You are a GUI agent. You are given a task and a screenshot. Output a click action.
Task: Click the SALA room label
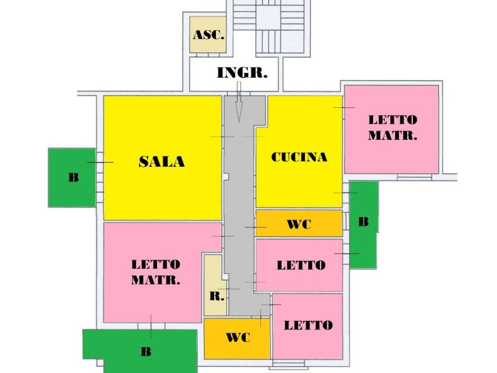tap(162, 161)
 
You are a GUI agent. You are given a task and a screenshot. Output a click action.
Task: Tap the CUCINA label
tap(299, 157)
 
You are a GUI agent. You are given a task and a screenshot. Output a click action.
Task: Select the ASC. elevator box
tap(208, 34)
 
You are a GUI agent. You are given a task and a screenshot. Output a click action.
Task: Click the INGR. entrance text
tap(242, 73)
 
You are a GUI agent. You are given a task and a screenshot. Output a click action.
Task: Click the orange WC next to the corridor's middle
tap(299, 224)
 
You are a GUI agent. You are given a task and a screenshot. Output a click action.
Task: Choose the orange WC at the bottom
tap(237, 338)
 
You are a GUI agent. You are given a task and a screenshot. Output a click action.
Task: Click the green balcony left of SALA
tap(72, 177)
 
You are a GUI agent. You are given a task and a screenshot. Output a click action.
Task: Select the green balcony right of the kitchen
tap(363, 223)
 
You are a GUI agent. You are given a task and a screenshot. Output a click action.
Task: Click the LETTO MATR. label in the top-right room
tap(392, 127)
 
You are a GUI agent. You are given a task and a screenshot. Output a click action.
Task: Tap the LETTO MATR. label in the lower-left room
tap(156, 272)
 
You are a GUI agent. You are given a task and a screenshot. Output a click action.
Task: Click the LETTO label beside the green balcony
tap(301, 265)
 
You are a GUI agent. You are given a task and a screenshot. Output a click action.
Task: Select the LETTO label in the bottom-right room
tap(308, 325)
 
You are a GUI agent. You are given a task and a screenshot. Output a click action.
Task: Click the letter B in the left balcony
tap(73, 177)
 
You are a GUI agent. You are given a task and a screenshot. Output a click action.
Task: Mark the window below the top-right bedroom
tap(414, 177)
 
